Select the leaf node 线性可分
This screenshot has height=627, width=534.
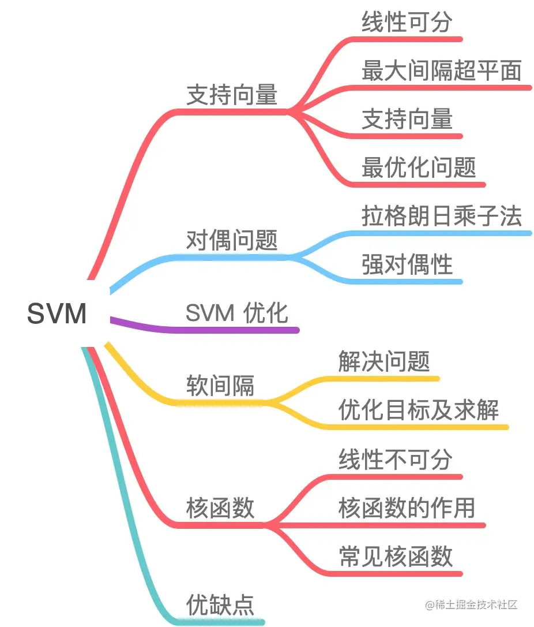click(407, 23)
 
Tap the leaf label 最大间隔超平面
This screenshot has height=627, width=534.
click(441, 71)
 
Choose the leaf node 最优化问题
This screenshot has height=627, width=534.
click(419, 168)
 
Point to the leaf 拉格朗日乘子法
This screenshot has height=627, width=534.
click(441, 217)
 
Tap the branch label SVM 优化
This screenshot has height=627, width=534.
click(236, 313)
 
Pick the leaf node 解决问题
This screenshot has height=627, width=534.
click(383, 362)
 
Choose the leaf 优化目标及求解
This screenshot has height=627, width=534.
click(418, 410)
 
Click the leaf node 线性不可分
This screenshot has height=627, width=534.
click(395, 460)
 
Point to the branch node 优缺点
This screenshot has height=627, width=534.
click(220, 605)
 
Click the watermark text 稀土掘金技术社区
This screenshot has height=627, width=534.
click(476, 604)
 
